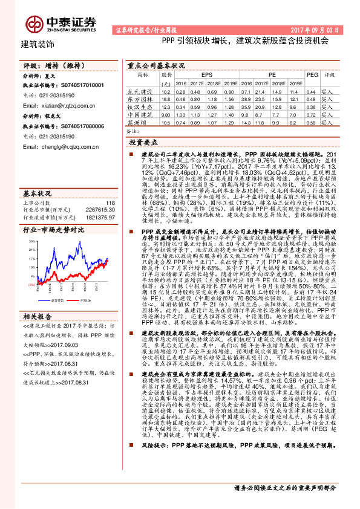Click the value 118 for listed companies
[x=108, y=203]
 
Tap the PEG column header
[x=312, y=74]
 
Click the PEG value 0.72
[x=312, y=114]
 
